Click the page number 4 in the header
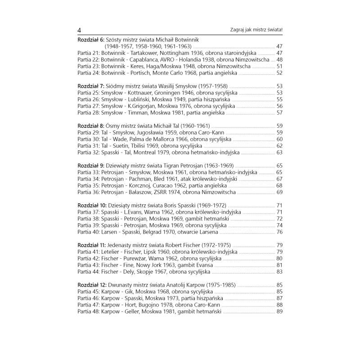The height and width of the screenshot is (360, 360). [79, 30]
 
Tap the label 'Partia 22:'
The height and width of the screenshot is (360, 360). [89, 59]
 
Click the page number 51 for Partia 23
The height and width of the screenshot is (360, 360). [279, 66]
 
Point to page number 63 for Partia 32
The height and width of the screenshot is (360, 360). [279, 153]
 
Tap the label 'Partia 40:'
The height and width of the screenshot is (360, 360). [89, 232]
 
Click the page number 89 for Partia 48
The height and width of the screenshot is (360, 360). [279, 311]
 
